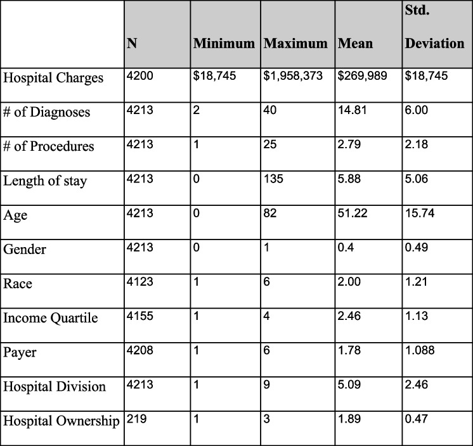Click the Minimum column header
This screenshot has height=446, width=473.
tap(224, 44)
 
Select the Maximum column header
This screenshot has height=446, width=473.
tap(295, 44)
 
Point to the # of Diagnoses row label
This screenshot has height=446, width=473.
tap(47, 113)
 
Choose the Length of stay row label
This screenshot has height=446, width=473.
tap(45, 181)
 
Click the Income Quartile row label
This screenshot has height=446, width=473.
tap(51, 318)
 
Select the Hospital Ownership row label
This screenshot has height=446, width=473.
tap(62, 421)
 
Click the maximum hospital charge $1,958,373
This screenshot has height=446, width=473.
tap(293, 76)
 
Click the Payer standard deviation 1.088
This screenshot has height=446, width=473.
tap(420, 350)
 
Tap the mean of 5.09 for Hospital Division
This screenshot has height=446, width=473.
tap(349, 385)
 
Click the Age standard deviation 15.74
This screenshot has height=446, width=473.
tap(419, 213)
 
